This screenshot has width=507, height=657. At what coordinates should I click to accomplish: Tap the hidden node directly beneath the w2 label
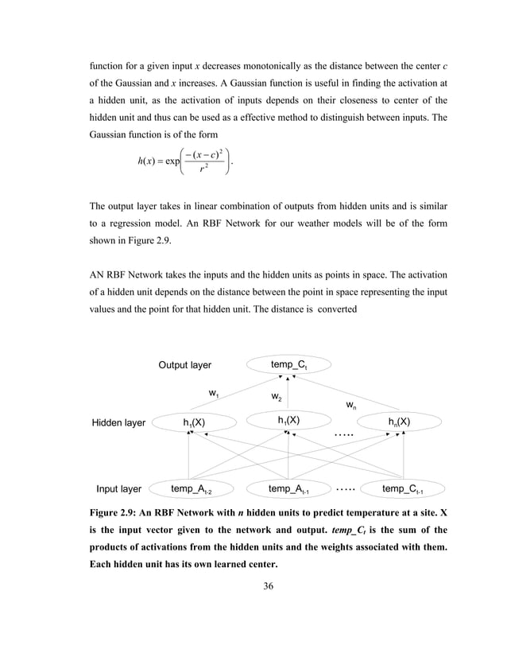click(x=288, y=420)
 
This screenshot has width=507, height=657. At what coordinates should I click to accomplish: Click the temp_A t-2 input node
click(x=192, y=489)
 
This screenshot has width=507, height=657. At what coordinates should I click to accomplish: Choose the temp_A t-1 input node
click(x=288, y=489)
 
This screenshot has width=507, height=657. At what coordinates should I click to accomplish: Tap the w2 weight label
click(x=277, y=396)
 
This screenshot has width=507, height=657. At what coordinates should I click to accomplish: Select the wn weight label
click(x=350, y=406)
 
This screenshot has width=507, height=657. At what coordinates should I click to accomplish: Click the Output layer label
click(x=185, y=365)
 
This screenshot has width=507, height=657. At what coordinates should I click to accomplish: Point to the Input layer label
click(x=119, y=489)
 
